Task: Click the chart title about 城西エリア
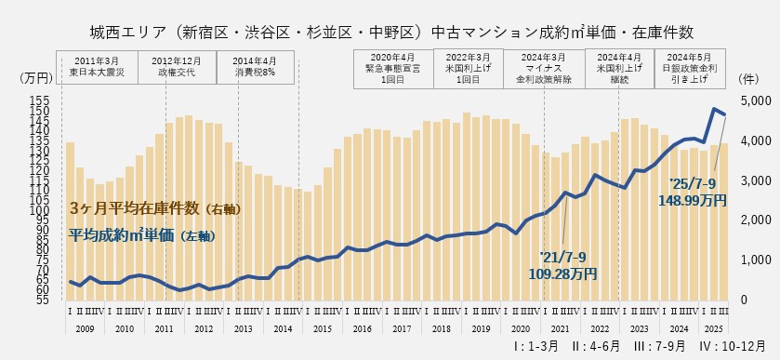(x=391, y=32)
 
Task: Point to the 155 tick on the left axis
(x=40, y=100)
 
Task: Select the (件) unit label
(x=745, y=81)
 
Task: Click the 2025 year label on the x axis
(x=711, y=328)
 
